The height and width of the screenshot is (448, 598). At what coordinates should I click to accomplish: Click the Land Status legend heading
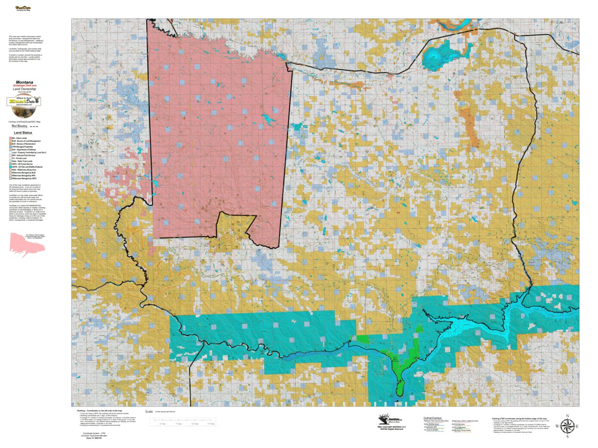23,132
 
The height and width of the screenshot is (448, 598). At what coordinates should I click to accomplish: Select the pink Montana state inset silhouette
27,244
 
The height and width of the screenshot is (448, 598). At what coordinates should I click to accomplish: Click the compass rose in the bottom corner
567,426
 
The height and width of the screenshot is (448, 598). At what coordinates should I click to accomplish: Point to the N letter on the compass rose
567,416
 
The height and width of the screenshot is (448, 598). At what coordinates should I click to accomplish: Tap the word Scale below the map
149,412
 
